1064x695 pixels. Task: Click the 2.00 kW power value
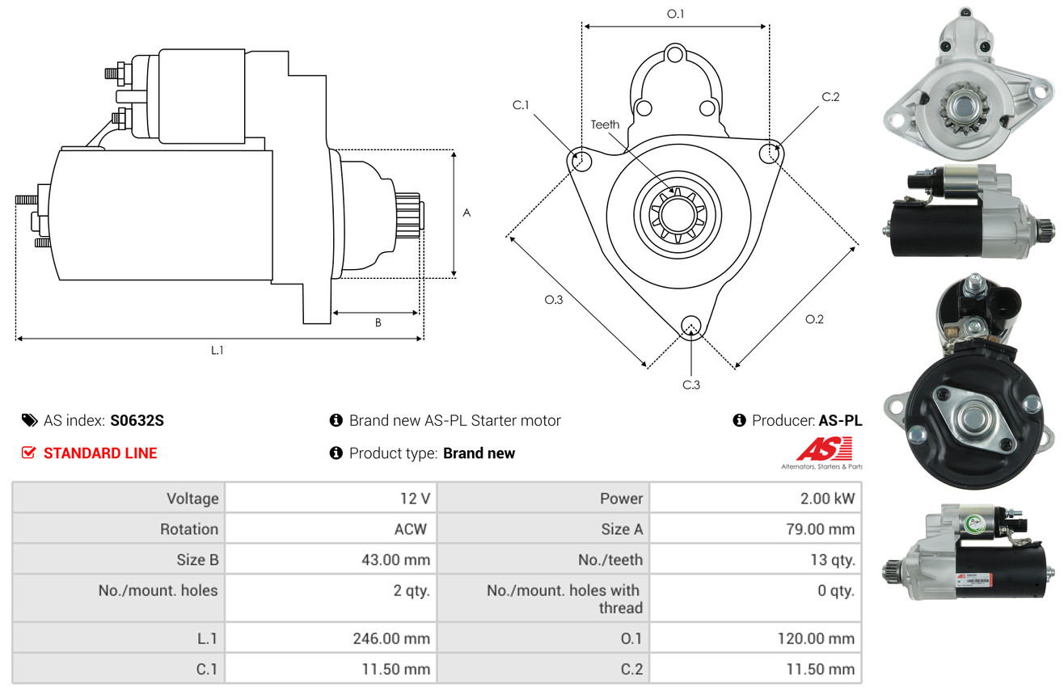pyautogui.click(x=827, y=499)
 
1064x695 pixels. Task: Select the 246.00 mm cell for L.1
pyautogui.click(x=391, y=638)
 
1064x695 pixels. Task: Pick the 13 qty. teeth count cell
pyautogui.click(x=832, y=559)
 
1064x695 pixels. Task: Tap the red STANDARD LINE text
pyautogui.click(x=100, y=453)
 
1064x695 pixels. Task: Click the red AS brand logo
pyautogui.click(x=824, y=449)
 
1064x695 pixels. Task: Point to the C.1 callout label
pyautogui.click(x=520, y=105)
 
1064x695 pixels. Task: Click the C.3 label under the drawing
pyautogui.click(x=690, y=385)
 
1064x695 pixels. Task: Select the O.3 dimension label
pyautogui.click(x=553, y=300)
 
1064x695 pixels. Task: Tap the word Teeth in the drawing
pyautogui.click(x=605, y=124)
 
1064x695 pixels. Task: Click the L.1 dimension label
pyautogui.click(x=217, y=350)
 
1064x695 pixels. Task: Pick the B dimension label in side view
pyautogui.click(x=378, y=322)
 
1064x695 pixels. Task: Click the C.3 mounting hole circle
pyautogui.click(x=690, y=326)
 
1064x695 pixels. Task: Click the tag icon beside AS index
pyautogui.click(x=29, y=420)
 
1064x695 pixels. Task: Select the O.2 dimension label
pyautogui.click(x=814, y=319)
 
